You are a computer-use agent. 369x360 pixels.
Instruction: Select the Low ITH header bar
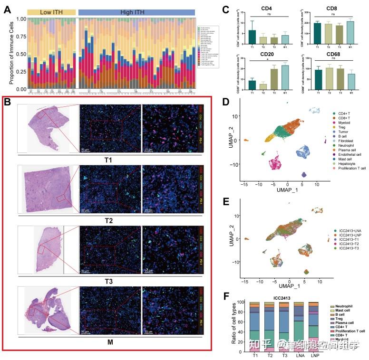51,11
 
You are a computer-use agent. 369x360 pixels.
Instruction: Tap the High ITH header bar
136,11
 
